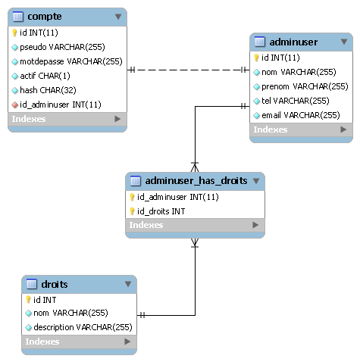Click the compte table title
coord(45,17)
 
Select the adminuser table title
coord(293,42)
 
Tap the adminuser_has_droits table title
coord(196,181)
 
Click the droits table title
coord(55,284)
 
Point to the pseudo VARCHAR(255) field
coord(62,47)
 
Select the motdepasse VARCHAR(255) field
coord(71,61)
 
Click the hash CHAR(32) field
coord(48,90)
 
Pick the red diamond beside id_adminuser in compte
coord(15,105)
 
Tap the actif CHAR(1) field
coord(45,76)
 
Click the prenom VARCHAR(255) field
coord(305,86)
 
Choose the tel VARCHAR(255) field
coord(296,101)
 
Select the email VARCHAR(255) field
coord(301,115)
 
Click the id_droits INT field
coord(161,211)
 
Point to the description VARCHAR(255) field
coord(83,327)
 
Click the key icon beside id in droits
coord(28,300)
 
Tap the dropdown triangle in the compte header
coord(118,17)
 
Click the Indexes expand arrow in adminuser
coord(343,130)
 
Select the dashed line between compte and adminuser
coord(188,70)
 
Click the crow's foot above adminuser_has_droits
coord(195,167)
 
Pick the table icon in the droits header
coord(32,284)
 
